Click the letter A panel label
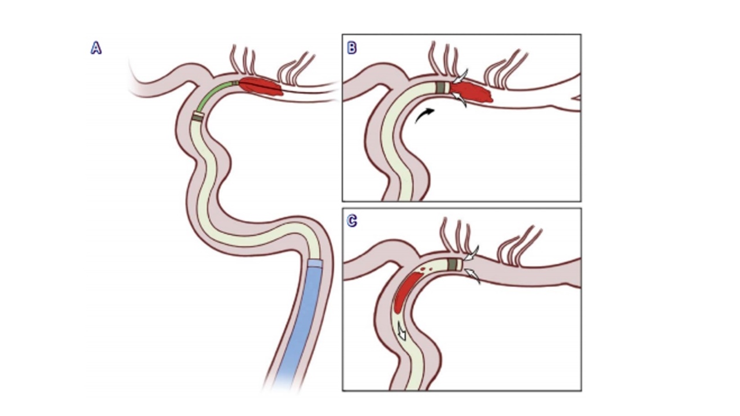[x=96, y=49]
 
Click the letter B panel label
[x=351, y=47]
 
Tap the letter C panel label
[x=351, y=221]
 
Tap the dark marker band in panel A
[x=198, y=117]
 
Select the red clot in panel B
[x=472, y=91]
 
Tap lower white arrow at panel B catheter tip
[x=460, y=100]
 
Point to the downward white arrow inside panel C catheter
[x=401, y=331]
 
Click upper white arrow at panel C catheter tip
[x=472, y=254]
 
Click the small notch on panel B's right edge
[x=576, y=98]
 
